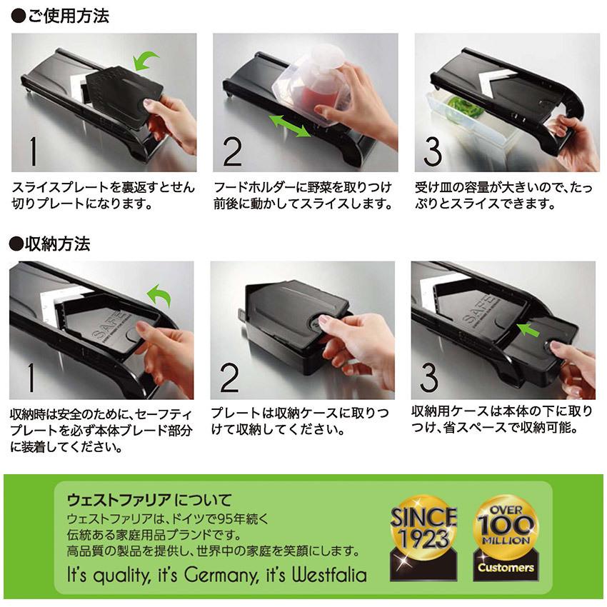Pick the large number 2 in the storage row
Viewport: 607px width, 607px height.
[x=230, y=378]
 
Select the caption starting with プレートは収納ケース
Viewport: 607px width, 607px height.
[x=300, y=422]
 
